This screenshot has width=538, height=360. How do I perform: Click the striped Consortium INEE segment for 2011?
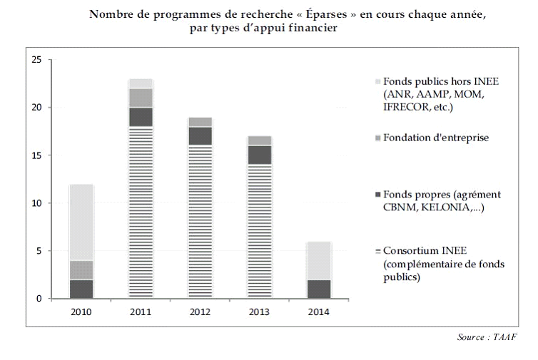tap(141, 212)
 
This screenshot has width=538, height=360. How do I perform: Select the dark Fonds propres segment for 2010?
tap(82, 289)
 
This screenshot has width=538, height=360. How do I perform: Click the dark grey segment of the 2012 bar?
tap(200, 135)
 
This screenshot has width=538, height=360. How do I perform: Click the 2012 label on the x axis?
tap(200, 312)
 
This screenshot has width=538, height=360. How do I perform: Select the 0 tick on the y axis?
tap(40, 299)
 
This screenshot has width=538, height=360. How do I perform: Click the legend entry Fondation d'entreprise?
tap(435, 138)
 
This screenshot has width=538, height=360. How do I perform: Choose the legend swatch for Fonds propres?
tap(377, 195)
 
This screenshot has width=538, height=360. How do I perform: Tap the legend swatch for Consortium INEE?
tap(377, 251)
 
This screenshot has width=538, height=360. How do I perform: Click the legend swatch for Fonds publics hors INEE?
tap(377, 81)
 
